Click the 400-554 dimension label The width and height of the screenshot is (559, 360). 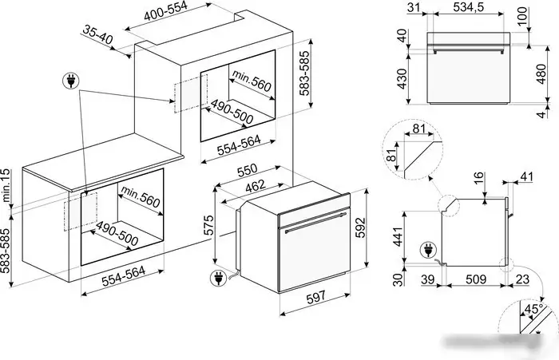(x=165, y=10)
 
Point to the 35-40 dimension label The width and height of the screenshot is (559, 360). (x=97, y=34)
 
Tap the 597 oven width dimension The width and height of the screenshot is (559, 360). (x=316, y=297)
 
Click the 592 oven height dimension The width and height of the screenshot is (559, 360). (x=360, y=227)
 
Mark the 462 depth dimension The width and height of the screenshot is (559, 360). (x=256, y=186)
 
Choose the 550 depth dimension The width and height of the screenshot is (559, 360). (x=247, y=170)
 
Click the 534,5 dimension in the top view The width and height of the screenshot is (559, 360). (x=469, y=6)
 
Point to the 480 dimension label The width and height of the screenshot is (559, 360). (x=541, y=74)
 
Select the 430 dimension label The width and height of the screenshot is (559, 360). (x=402, y=79)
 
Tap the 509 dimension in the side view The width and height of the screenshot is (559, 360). (x=476, y=279)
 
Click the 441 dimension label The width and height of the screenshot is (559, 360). (x=398, y=235)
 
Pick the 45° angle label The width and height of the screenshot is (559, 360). (x=533, y=309)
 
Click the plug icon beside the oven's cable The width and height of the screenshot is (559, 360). (x=218, y=279)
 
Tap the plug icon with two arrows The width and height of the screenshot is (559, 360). (x=71, y=81)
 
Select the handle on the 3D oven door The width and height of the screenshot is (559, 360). (x=315, y=222)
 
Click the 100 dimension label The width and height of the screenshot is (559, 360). (x=522, y=16)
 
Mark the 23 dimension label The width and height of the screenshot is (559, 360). (x=522, y=279)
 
